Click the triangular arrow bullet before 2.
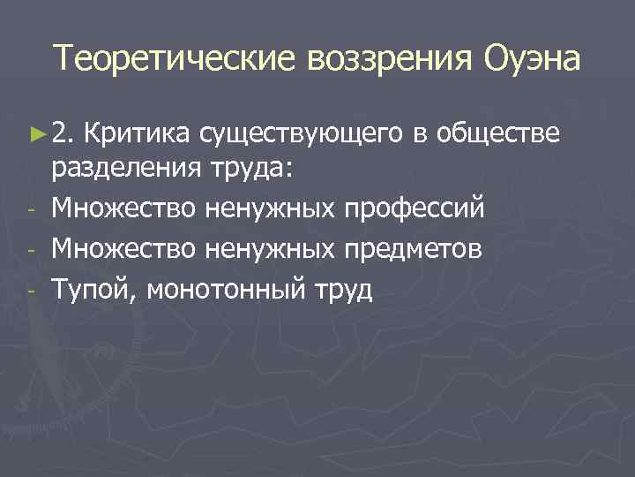36,132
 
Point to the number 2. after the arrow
63,132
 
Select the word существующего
302,134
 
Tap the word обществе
498,132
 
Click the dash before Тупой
30,289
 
